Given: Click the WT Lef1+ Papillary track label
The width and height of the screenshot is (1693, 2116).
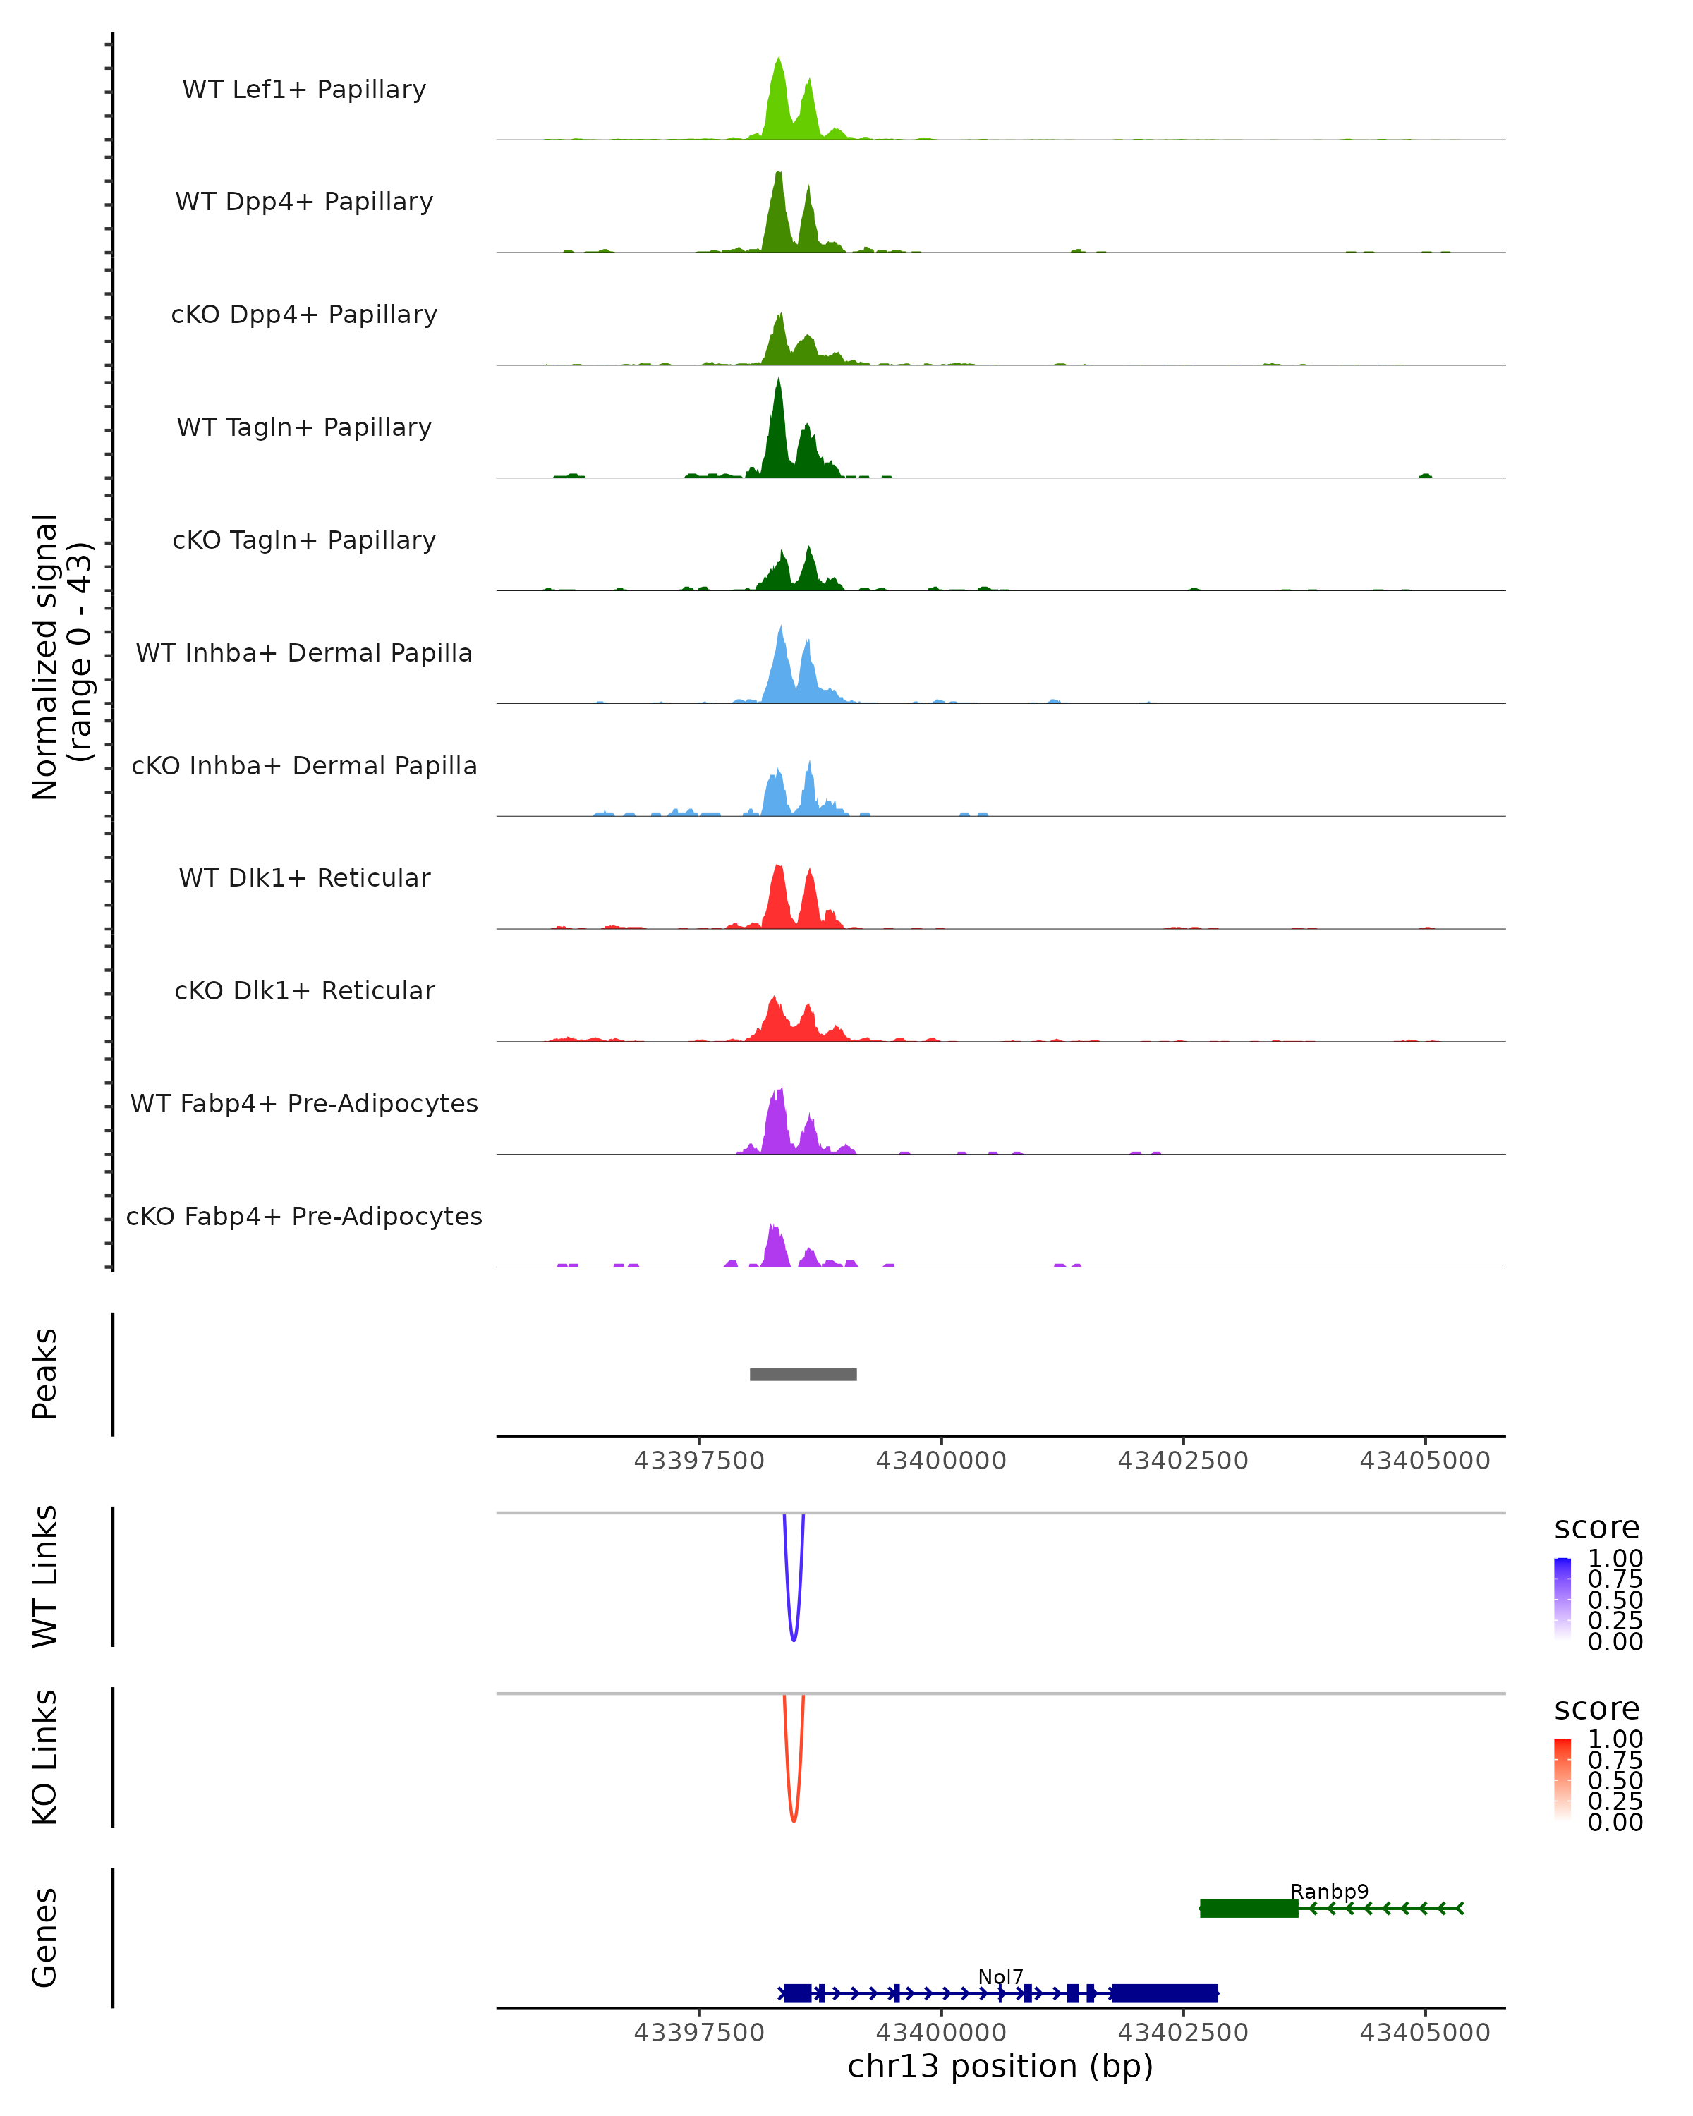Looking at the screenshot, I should [x=304, y=90].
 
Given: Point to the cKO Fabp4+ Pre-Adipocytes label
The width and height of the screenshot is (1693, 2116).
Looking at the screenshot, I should [x=304, y=1216].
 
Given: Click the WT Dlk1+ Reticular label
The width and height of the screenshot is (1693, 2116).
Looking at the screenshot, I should [x=304, y=877].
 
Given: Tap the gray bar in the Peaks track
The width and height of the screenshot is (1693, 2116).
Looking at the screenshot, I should [x=803, y=1374].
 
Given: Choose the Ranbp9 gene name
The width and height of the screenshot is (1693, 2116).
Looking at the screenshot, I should [x=1329, y=1891].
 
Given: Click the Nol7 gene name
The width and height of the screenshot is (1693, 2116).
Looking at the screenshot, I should [x=1000, y=1976].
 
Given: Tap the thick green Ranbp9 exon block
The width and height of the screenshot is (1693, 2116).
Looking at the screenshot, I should [x=1249, y=1908].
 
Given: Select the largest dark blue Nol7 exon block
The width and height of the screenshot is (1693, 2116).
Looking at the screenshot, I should [x=1165, y=1993].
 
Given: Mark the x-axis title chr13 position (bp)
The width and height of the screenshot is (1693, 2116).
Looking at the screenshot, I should [x=1000, y=2066].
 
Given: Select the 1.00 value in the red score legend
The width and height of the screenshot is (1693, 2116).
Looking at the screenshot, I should [x=1615, y=1738].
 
